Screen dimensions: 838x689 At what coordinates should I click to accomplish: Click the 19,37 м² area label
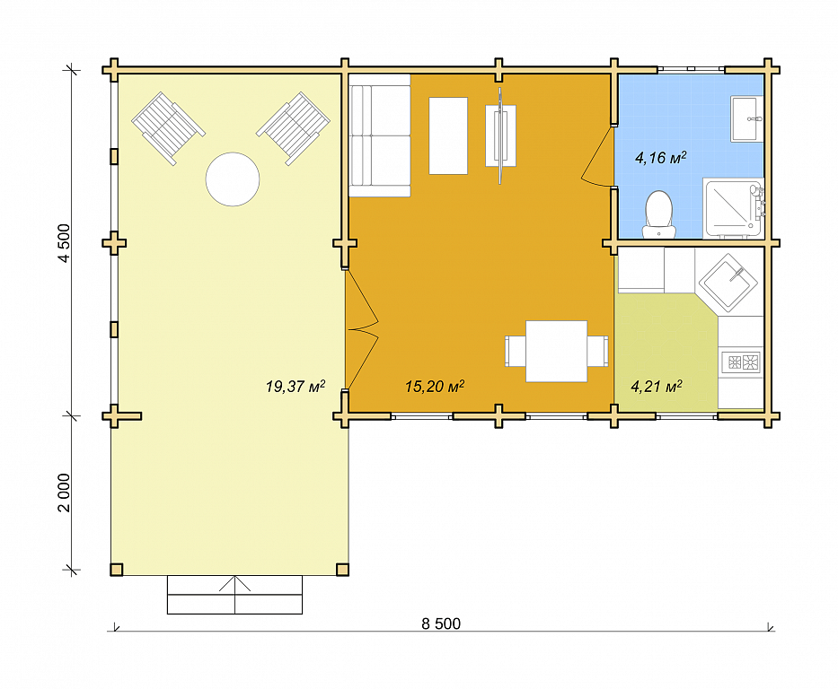point(296,386)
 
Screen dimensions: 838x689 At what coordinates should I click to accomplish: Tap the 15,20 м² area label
point(435,386)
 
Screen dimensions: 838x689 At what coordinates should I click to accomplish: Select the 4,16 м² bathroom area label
point(660,157)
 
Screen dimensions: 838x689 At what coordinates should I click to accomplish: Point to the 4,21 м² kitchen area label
point(657,386)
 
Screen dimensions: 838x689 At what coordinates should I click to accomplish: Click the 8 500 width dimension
point(441,624)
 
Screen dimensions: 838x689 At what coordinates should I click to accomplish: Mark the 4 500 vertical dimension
point(64,243)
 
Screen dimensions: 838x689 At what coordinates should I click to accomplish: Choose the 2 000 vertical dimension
point(64,492)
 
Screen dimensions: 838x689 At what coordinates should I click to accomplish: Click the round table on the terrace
point(233,179)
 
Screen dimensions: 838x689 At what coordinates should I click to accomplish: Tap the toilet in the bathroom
point(658,214)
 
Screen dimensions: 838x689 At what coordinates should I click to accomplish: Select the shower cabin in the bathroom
point(733,207)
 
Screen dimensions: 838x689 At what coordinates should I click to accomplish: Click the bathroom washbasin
point(746,118)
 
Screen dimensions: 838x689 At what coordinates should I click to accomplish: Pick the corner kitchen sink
point(728,283)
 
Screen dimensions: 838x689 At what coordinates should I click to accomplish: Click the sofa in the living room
point(379,135)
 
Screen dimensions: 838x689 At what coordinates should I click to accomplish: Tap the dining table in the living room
point(556,351)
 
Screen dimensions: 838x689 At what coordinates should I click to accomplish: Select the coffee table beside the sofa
point(448,135)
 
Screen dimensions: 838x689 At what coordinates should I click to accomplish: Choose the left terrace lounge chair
point(168,128)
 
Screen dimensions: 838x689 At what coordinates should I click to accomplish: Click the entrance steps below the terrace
point(234,595)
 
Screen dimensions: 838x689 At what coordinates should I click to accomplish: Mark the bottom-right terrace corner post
point(342,570)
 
